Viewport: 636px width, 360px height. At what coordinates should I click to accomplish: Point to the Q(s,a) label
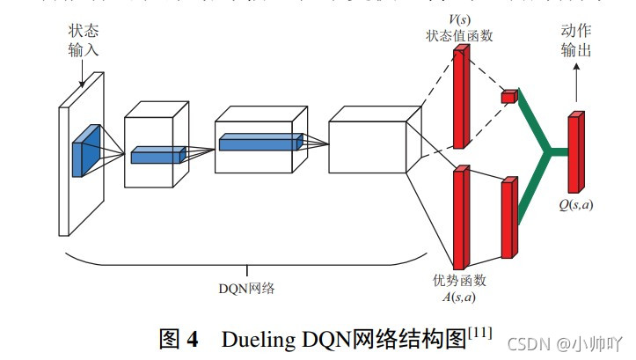coord(575,204)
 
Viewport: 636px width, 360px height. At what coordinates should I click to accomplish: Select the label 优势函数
coord(458,280)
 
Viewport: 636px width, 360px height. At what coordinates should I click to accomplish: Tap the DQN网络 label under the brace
coord(246,287)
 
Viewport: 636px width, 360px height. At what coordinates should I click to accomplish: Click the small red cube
coord(508,96)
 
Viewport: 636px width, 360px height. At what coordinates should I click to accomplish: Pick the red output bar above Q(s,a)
coord(576,151)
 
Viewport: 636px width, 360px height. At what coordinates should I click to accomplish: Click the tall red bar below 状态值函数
coord(459,96)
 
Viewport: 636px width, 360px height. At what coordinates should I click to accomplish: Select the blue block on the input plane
coord(86,148)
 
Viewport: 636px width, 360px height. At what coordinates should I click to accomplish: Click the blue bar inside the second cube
coord(158,156)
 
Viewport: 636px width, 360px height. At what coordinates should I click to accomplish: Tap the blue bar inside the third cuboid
coord(260,141)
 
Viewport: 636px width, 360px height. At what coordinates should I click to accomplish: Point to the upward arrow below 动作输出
coord(577,84)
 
